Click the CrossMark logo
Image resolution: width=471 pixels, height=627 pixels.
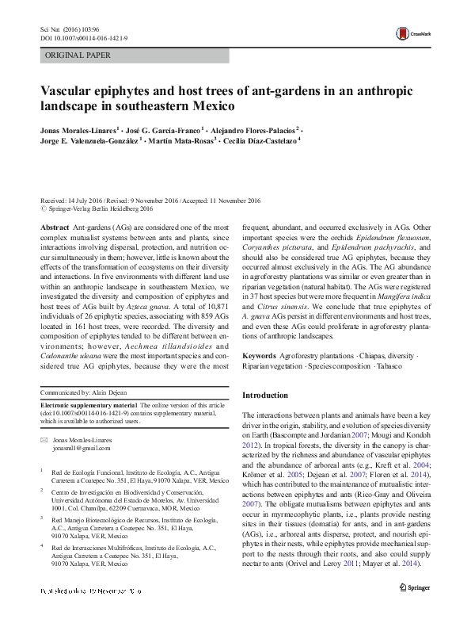[x=412, y=33]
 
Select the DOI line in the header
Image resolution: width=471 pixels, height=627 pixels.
[x=74, y=36]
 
